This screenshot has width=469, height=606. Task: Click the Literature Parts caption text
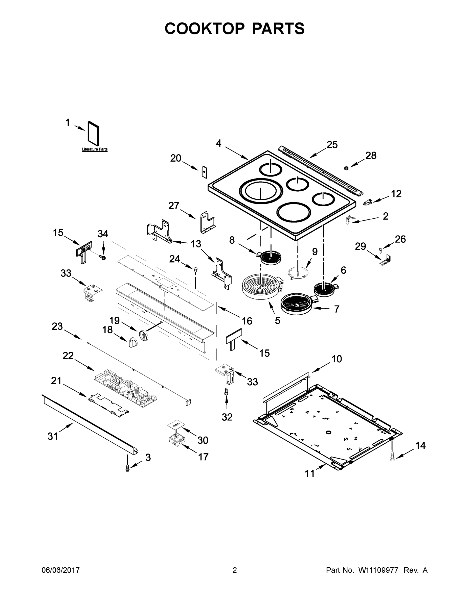[x=95, y=149]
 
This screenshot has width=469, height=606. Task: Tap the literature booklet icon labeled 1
[x=93, y=134]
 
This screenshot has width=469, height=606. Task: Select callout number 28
[x=371, y=155]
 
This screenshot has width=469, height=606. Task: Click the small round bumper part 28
[x=346, y=168]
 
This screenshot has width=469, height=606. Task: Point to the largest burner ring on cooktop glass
[x=261, y=191]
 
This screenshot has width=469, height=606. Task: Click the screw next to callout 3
[x=127, y=469]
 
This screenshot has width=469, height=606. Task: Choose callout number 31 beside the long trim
[x=53, y=436]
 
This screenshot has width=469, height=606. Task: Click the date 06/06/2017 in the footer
[x=61, y=570]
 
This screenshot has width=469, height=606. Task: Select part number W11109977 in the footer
[x=378, y=570]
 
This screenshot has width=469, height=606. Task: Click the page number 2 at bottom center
[x=235, y=570]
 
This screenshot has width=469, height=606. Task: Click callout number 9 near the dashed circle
[x=315, y=252]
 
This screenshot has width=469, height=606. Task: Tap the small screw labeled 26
[x=381, y=250]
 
